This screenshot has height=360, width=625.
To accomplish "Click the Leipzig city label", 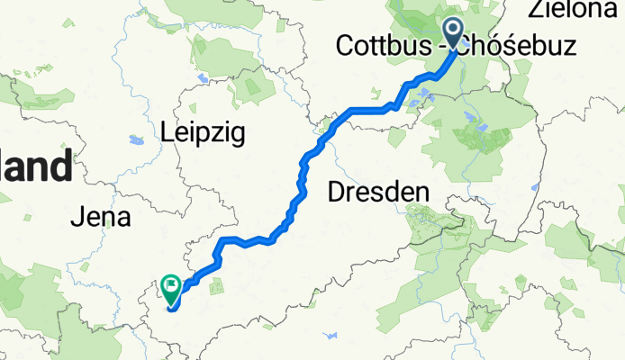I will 203,133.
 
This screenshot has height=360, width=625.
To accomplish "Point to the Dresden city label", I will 377,191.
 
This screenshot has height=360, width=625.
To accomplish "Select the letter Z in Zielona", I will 536,11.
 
